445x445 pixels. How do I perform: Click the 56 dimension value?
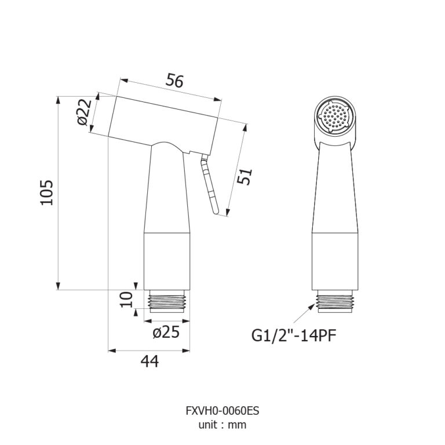click(174, 81)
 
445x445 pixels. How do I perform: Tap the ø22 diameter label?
click(85, 112)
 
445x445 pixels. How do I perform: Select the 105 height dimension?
click(46, 192)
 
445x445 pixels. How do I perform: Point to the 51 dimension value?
click(245, 177)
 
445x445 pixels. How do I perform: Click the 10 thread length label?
click(126, 300)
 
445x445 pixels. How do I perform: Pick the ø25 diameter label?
click(166, 332)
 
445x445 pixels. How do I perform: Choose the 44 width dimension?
click(150, 362)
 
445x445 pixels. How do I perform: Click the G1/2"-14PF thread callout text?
click(294, 335)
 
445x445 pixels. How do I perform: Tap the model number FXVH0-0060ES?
click(222, 411)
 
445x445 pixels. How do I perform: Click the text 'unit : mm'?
click(222, 425)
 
